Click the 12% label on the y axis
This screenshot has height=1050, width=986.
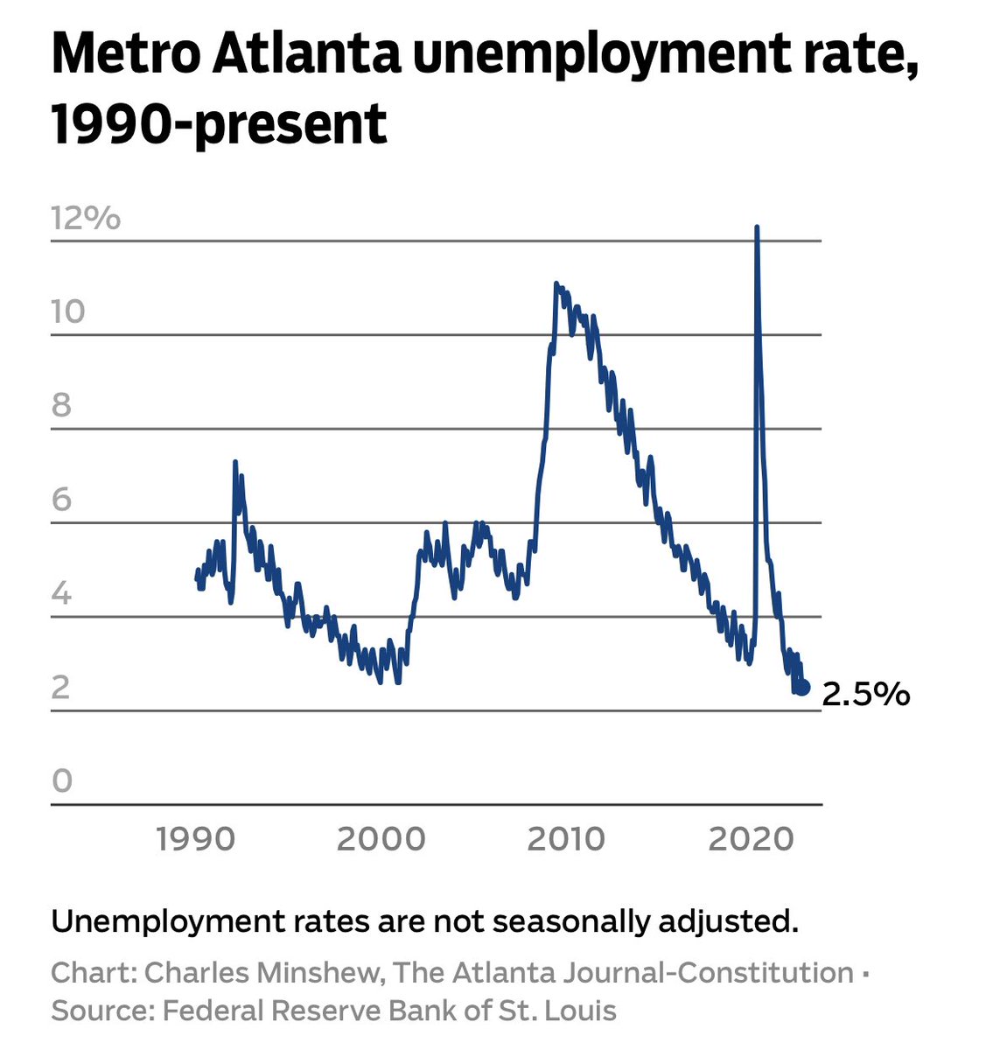pyautogui.click(x=86, y=217)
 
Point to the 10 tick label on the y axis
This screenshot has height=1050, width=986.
pyautogui.click(x=68, y=311)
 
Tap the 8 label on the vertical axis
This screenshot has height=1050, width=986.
pyautogui.click(x=61, y=406)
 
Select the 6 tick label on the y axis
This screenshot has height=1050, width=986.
pyautogui.click(x=61, y=500)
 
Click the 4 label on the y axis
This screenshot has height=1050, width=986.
pyautogui.click(x=61, y=594)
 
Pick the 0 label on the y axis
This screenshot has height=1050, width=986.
pyautogui.click(x=61, y=780)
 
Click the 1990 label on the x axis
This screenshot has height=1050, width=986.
pyautogui.click(x=196, y=839)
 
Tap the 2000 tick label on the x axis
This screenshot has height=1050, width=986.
pyautogui.click(x=381, y=839)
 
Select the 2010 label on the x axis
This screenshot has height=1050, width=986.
pyautogui.click(x=566, y=839)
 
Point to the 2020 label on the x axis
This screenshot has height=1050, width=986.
pyautogui.click(x=751, y=839)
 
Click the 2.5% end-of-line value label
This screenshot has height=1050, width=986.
pyautogui.click(x=866, y=695)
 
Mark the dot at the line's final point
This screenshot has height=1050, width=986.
pyautogui.click(x=803, y=689)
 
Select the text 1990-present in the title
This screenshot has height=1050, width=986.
pyautogui.click(x=219, y=123)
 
